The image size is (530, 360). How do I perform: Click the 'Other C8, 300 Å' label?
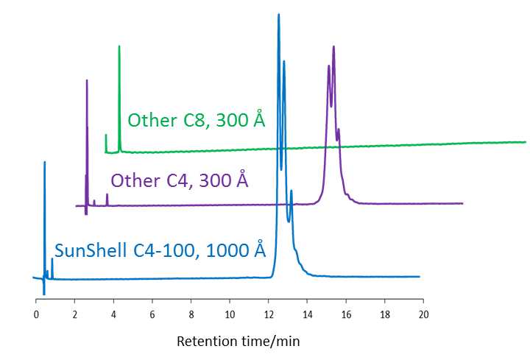tap(196, 120)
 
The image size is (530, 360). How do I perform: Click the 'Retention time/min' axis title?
tap(239, 342)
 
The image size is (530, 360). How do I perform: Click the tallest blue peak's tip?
tap(278, 15)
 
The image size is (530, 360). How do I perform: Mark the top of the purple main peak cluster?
tap(333, 46)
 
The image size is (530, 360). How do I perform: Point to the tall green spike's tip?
tap(119, 46)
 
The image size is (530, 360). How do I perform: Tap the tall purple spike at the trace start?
tap(86, 80)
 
